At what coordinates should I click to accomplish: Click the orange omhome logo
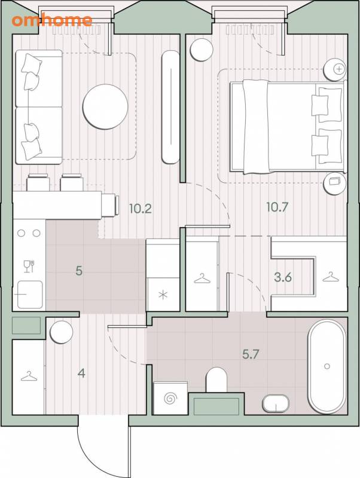coord(52,20)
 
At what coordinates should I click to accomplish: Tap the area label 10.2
coord(141,209)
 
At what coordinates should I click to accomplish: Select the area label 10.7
coord(277,207)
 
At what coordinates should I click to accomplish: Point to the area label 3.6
coord(283,277)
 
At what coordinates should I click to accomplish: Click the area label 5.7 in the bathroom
coord(251,354)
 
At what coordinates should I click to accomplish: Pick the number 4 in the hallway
coord(81,373)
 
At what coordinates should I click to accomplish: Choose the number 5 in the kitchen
coord(79,271)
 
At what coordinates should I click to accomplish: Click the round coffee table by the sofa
coord(105,107)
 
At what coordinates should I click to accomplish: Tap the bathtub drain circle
coord(327,366)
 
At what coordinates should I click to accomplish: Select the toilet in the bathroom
coord(216,379)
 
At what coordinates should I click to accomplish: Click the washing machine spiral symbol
coord(170,398)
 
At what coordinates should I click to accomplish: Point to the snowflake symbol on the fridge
coord(163,295)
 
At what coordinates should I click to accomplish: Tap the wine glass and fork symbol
coord(29,266)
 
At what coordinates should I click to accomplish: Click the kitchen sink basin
coord(30,295)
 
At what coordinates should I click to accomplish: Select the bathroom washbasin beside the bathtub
coord(276,403)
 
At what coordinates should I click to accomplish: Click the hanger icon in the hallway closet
coord(29,376)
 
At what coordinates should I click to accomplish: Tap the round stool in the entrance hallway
coord(62,332)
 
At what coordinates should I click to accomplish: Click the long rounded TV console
coord(170,108)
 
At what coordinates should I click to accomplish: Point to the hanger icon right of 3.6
coord(331,277)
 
